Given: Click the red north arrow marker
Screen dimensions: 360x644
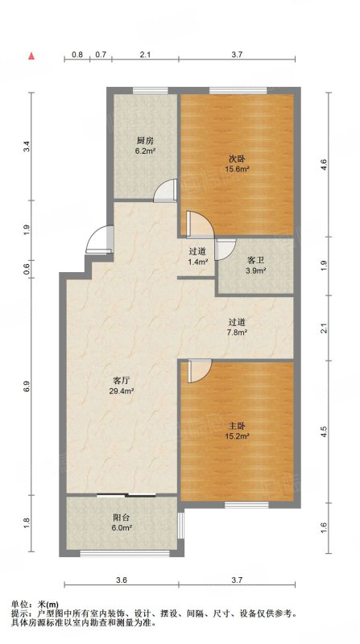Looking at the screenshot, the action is click(x=31, y=56).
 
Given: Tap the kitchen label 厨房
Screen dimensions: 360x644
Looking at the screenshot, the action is click(x=145, y=140).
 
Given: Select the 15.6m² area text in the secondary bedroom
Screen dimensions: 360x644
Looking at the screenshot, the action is click(x=238, y=168).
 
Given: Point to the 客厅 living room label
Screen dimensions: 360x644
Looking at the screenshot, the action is click(x=122, y=380).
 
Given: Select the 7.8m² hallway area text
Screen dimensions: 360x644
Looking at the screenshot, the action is click(x=238, y=332).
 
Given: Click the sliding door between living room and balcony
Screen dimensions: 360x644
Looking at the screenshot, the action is click(x=126, y=495).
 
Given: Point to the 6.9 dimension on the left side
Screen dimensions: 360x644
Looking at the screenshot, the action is click(x=27, y=386).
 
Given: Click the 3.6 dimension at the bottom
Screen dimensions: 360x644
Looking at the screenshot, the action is click(x=122, y=580).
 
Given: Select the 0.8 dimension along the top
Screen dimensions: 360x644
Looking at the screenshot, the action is click(x=77, y=54).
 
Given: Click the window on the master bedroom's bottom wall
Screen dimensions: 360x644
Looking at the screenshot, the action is click(x=246, y=505).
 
